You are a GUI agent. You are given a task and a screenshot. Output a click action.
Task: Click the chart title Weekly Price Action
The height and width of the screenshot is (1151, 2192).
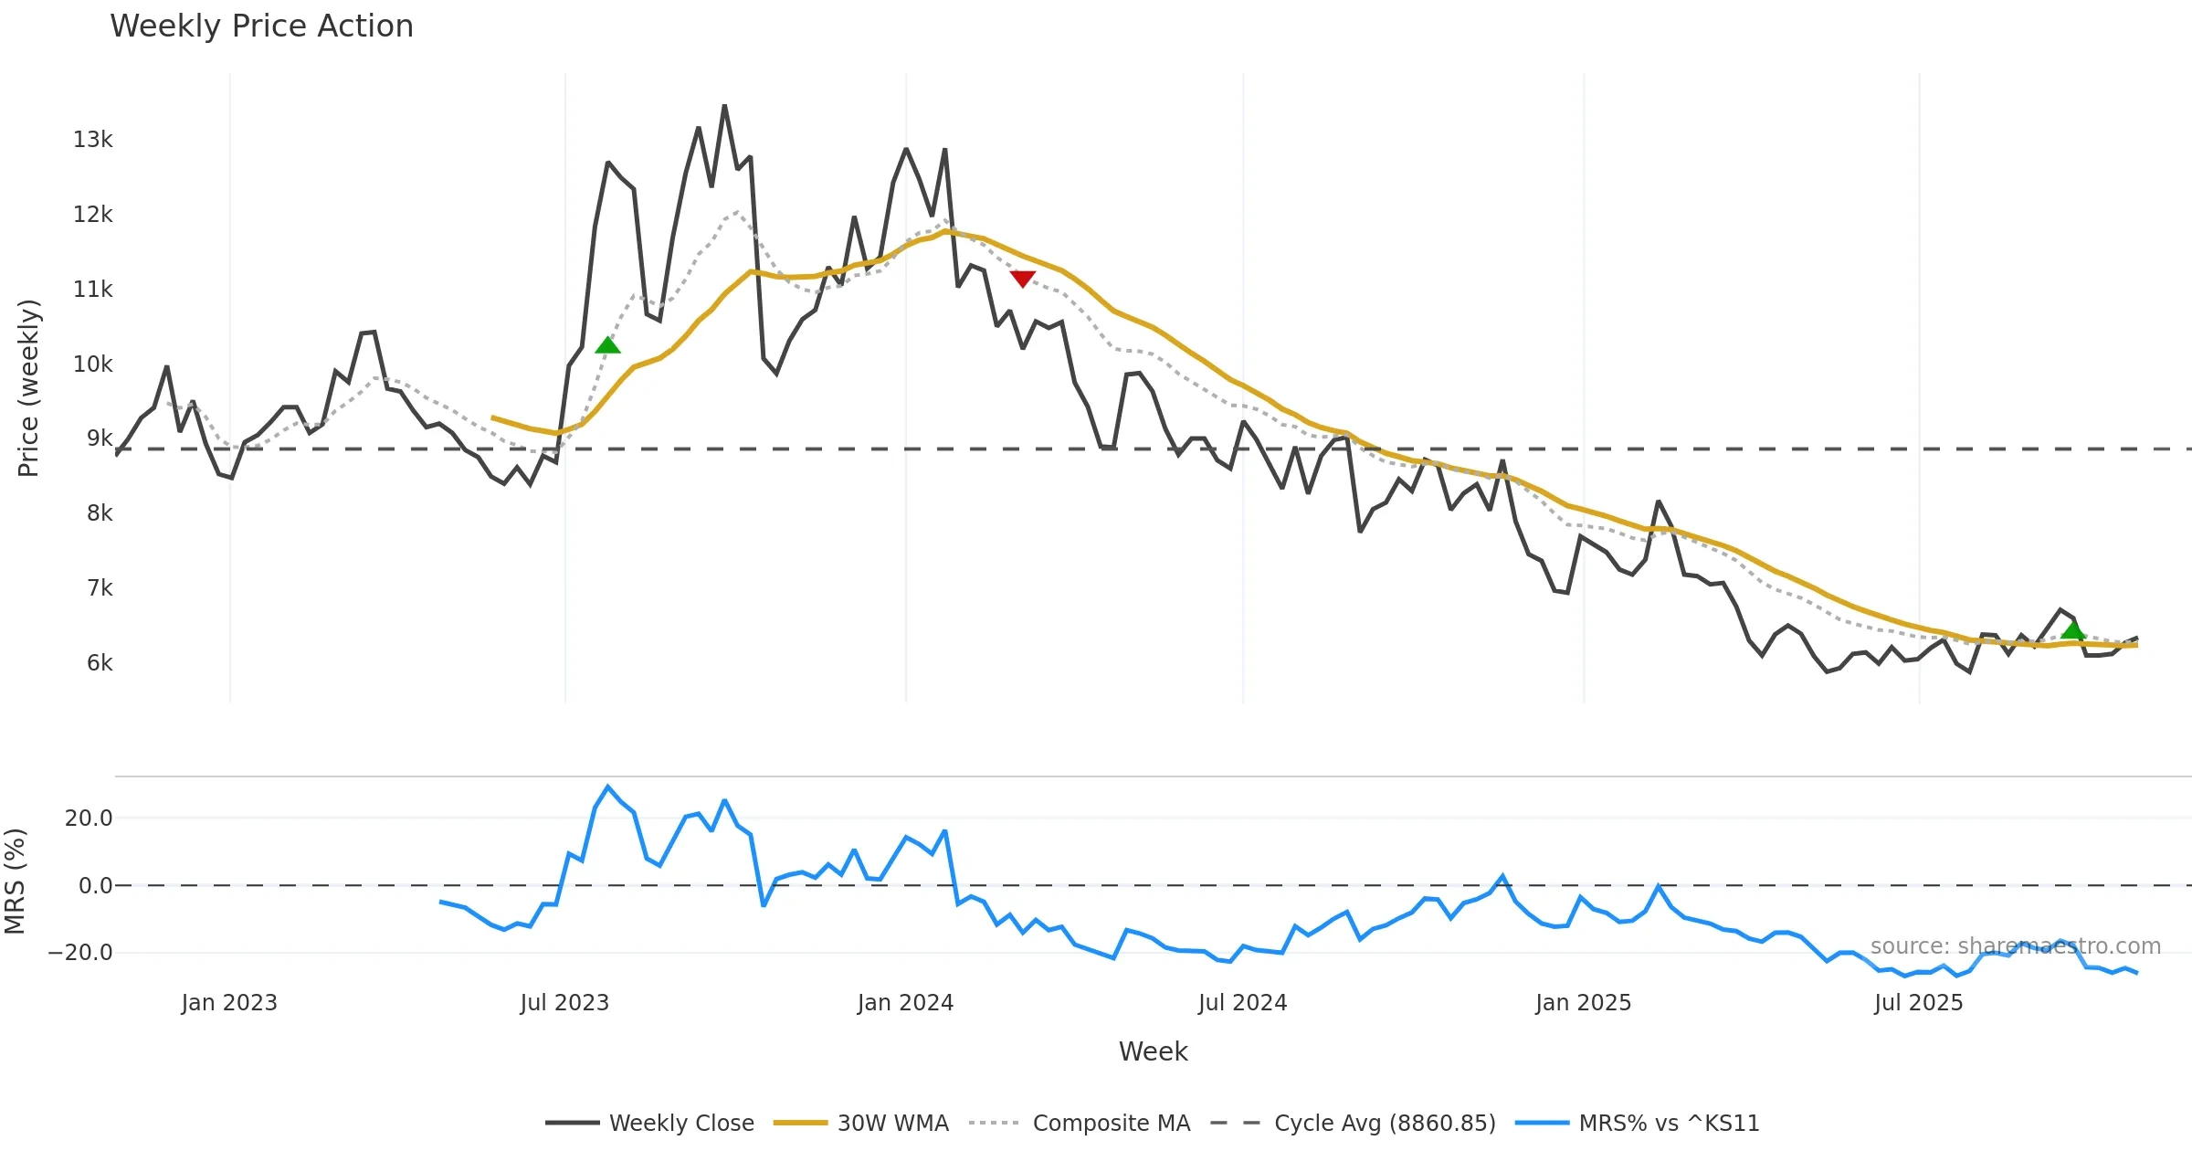261,26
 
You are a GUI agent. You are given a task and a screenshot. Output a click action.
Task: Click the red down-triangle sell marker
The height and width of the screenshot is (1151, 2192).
1022,279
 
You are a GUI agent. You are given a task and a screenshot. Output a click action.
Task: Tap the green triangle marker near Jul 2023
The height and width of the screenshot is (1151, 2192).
607,345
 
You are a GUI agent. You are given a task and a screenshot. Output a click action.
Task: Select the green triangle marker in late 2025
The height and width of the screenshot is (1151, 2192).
2072,630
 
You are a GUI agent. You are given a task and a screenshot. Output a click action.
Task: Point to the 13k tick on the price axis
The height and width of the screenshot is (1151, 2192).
93,140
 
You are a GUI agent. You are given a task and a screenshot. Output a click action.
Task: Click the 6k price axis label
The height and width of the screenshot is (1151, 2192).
99,663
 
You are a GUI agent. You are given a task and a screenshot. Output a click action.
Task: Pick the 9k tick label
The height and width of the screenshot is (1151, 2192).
99,438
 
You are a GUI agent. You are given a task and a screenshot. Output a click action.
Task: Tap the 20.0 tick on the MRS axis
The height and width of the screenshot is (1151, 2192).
89,818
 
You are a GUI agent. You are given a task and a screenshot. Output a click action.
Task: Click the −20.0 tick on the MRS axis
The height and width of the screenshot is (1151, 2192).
80,953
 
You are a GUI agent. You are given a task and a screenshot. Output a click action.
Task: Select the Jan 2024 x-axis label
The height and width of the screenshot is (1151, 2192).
905,1003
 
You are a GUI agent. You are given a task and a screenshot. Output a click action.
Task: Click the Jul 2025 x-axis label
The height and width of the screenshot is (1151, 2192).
1918,1003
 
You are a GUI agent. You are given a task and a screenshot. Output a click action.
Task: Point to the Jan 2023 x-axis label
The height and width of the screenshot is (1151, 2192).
229,1003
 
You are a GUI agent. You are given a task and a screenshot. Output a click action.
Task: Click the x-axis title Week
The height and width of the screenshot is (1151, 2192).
1153,1052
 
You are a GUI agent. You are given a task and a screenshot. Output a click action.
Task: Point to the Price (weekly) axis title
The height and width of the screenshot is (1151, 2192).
28,388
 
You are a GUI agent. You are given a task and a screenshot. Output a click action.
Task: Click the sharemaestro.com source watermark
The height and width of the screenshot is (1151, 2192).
2015,946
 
